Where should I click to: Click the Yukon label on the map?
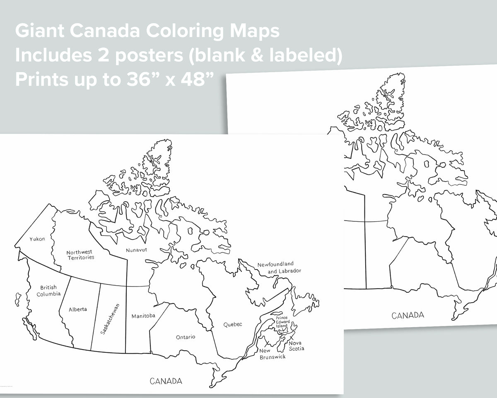[37, 239]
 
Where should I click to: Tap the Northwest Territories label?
[80, 255]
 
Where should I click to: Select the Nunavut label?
[137, 250]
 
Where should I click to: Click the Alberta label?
[78, 309]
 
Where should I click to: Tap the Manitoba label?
[143, 316]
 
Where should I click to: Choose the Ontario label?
[186, 337]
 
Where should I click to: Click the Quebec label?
[232, 324]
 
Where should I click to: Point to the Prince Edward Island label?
[282, 322]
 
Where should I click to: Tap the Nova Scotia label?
[296, 346]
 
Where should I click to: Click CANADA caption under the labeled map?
[166, 381]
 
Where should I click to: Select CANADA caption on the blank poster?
[408, 315]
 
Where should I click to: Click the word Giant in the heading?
[36, 31]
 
